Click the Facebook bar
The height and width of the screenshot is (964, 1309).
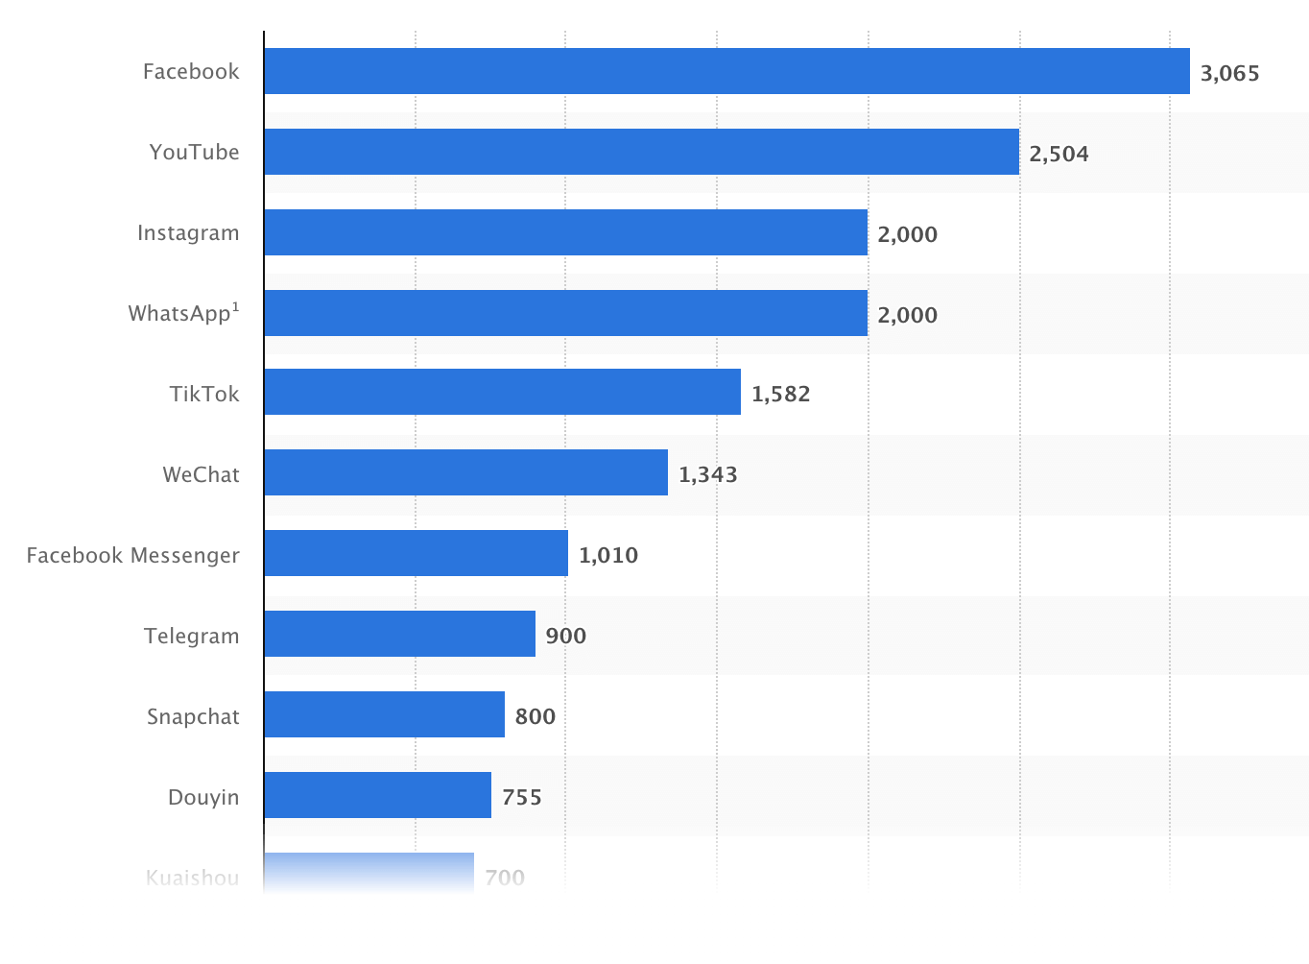[x=726, y=71]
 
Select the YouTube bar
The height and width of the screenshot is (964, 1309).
[x=641, y=152]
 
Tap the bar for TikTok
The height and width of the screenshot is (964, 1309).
[x=502, y=392]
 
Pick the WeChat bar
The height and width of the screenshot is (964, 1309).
[x=465, y=472]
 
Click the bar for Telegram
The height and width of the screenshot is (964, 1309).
[x=399, y=634]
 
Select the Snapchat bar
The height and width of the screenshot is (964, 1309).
[x=384, y=714]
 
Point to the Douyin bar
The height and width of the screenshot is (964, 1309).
[x=377, y=795]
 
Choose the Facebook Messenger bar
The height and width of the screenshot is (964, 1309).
[x=416, y=553]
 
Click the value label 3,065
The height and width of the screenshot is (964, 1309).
[x=1229, y=73]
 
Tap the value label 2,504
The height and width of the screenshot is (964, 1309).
[x=1059, y=154]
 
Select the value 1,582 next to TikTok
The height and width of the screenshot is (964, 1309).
[x=780, y=394]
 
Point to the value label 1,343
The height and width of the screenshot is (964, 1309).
[x=707, y=474]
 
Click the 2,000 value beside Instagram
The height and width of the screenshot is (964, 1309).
[x=907, y=234]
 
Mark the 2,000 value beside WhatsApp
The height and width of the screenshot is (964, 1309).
[x=907, y=315]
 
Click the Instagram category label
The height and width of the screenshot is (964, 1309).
[x=188, y=233]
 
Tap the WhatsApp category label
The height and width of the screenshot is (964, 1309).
[x=183, y=313]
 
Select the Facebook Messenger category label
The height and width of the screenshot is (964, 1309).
[x=132, y=555]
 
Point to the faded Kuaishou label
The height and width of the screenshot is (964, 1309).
[x=192, y=877]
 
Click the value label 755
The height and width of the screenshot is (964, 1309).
[x=521, y=797]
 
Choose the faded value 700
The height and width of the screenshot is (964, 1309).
[x=505, y=877]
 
